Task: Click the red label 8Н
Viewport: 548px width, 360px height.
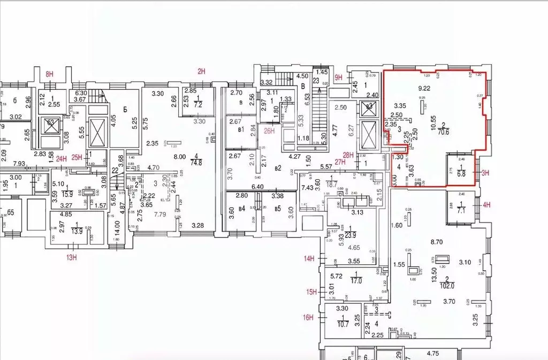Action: [50, 74]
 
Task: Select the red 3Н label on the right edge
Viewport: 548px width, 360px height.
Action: [485, 172]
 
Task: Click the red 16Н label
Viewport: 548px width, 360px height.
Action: [308, 317]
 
